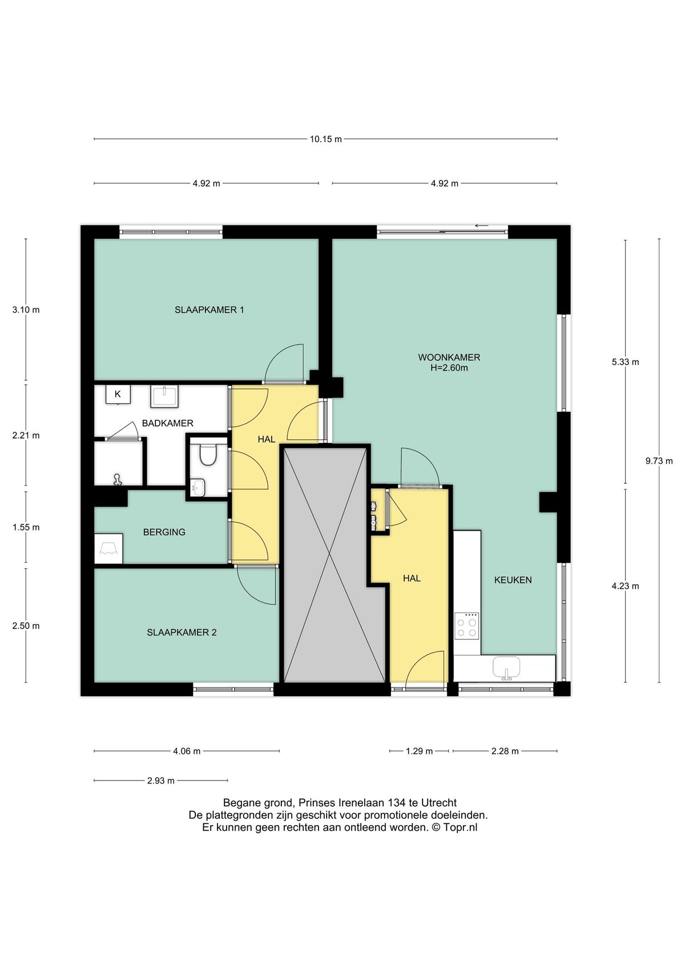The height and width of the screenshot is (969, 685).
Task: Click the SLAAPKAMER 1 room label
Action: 209,310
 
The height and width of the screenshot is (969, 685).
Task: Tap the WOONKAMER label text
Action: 449,357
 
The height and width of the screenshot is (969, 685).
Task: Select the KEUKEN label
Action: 513,580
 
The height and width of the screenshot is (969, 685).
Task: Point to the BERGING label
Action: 164,532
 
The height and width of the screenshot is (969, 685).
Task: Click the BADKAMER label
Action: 167,423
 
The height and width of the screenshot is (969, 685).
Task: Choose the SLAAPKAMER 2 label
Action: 182,633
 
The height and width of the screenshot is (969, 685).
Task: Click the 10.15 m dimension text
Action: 325,139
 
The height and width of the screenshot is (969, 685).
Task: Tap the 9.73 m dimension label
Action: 659,461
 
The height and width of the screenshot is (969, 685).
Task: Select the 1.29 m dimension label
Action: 419,751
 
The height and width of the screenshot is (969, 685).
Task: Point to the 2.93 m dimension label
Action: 160,781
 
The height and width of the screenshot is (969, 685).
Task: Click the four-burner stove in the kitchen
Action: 466,626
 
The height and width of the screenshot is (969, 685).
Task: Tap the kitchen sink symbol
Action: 506,667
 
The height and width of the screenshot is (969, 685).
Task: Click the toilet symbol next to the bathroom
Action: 207,454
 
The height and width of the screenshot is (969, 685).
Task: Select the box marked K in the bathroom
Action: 118,394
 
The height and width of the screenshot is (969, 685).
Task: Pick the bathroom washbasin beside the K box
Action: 164,396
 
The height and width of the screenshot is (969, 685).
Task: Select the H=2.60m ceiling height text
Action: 449,368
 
